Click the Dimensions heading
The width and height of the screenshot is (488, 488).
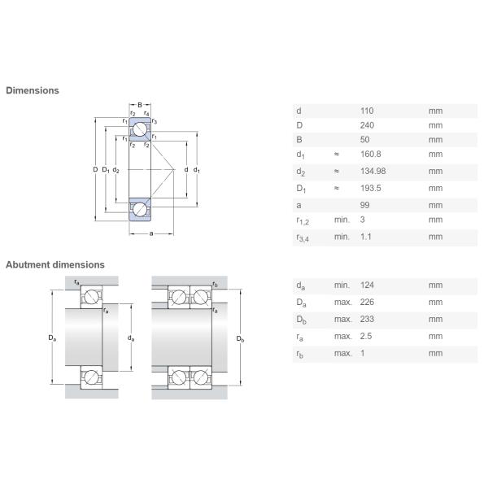(33, 90)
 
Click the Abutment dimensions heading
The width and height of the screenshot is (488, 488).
(55, 265)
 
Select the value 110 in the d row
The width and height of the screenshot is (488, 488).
(367, 111)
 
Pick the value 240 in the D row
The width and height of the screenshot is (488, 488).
(368, 125)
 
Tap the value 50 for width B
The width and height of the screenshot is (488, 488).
(364, 139)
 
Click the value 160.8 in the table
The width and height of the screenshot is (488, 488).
(371, 154)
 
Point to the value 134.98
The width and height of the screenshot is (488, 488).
(373, 171)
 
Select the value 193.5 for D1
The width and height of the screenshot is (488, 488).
(371, 189)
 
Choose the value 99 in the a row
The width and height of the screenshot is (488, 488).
(364, 205)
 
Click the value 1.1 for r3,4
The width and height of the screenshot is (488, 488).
(366, 237)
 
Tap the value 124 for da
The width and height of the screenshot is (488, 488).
(367, 285)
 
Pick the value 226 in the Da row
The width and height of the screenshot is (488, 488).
(367, 303)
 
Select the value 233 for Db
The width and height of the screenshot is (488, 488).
(367, 319)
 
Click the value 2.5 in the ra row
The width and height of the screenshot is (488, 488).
(366, 336)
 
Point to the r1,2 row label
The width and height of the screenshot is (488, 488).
(303, 221)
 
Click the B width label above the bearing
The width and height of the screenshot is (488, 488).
(140, 105)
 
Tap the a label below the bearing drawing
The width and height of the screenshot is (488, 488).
(151, 233)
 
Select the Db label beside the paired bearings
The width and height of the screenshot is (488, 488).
(240, 339)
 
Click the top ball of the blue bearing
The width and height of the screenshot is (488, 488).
(140, 129)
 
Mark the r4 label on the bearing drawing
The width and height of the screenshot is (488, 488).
(146, 113)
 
